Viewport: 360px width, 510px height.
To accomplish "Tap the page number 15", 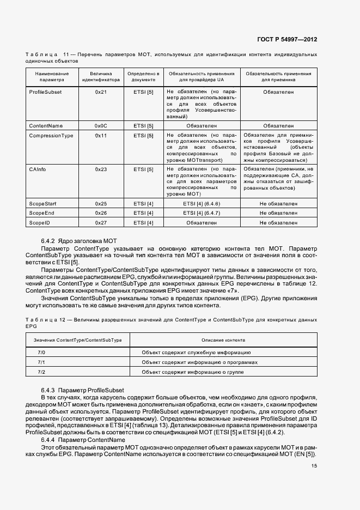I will click(314, 466).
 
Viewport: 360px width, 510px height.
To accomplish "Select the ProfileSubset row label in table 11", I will click(45, 92).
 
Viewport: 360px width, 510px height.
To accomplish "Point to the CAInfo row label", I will click(38, 169).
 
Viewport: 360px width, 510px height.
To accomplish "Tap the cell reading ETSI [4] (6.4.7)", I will click(201, 212).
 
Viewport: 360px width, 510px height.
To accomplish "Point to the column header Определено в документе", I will click(143, 76).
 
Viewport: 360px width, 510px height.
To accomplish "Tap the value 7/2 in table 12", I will click(41, 372).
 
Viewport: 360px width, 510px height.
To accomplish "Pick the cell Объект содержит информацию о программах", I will click(199, 362).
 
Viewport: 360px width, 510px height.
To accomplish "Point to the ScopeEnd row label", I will click(41, 212).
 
